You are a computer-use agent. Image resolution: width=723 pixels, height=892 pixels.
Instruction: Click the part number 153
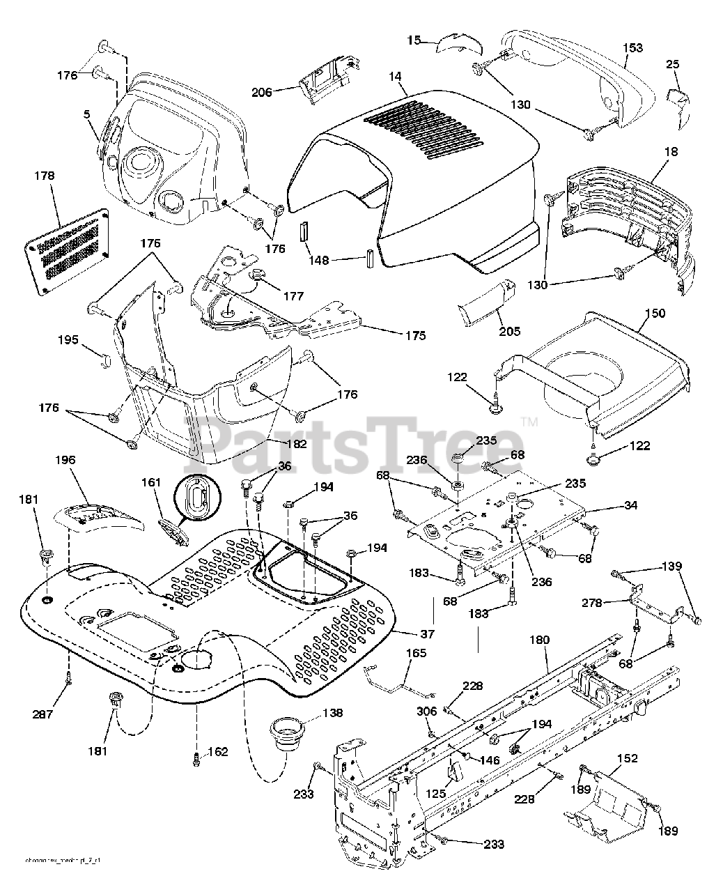click(632, 47)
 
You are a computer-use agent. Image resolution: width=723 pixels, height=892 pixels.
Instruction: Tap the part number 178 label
click(44, 176)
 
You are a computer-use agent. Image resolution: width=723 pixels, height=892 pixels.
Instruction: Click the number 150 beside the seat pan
click(655, 313)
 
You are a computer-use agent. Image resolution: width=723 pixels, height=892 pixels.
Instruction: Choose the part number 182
click(295, 443)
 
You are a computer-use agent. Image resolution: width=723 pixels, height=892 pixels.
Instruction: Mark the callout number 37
click(426, 633)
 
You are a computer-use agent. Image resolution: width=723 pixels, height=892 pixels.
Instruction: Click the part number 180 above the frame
click(538, 640)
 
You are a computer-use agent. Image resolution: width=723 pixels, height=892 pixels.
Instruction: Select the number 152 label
click(627, 758)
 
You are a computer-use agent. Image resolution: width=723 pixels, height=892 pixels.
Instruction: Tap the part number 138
click(332, 713)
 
